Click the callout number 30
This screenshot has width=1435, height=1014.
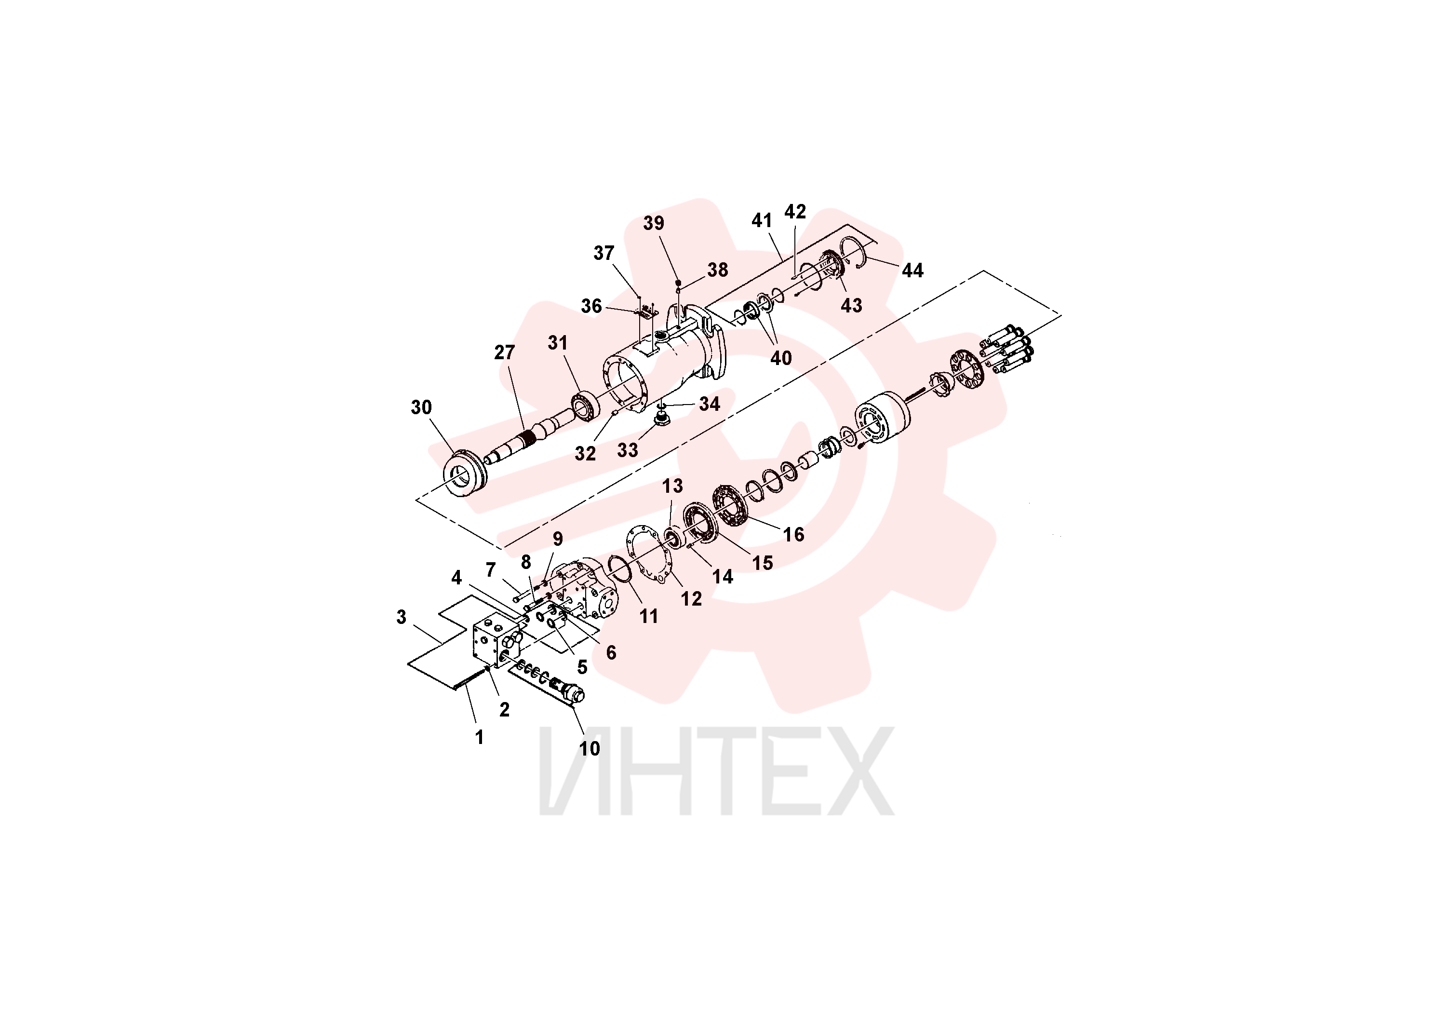click(x=421, y=407)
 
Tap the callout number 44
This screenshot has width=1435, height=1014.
click(x=912, y=270)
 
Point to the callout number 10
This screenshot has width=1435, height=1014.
click(x=590, y=748)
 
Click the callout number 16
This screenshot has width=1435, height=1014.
click(x=794, y=535)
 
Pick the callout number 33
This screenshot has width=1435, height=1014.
click(x=628, y=450)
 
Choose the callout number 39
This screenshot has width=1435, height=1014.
click(x=654, y=223)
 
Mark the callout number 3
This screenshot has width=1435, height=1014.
click(x=401, y=617)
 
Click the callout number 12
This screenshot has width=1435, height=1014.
click(x=691, y=599)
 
